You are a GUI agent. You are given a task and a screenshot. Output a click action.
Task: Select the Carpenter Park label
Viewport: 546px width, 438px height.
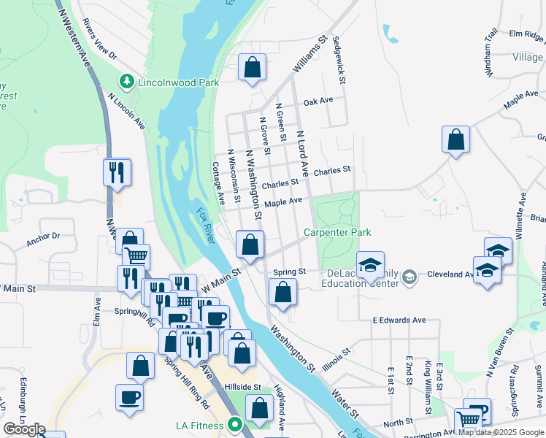[x=338, y=232]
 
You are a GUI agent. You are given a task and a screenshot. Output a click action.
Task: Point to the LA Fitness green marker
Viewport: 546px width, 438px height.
[x=235, y=424]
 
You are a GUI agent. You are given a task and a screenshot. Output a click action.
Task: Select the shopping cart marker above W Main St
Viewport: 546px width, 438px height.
[x=136, y=256]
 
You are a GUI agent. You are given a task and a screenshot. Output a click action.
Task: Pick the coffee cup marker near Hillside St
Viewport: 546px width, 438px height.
[x=129, y=397]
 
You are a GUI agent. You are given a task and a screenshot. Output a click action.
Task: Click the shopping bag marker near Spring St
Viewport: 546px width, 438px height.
[x=282, y=293]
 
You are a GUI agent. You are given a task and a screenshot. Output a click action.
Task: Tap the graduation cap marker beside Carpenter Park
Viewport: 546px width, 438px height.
[x=370, y=264]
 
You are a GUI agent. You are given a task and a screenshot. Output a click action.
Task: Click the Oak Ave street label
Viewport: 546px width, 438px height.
[x=318, y=101]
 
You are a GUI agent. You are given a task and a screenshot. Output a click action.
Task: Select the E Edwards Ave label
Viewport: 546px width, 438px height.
[x=399, y=320]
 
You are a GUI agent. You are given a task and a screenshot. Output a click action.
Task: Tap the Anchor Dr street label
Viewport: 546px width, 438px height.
[x=42, y=239]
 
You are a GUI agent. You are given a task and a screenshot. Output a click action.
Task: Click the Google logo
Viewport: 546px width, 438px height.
[x=24, y=429]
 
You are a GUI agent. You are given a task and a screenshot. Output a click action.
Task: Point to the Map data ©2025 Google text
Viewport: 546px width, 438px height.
[x=501, y=432]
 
